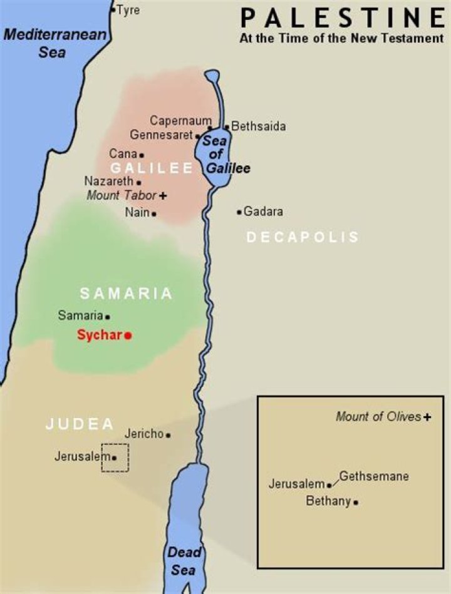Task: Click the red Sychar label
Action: (x=100, y=335)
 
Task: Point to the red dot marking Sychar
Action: (x=128, y=335)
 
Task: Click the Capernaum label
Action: (x=178, y=120)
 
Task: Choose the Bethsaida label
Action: (x=259, y=126)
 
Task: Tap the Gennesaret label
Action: (x=162, y=135)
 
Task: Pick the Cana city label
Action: (x=123, y=153)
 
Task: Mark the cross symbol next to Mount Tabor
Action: (x=163, y=196)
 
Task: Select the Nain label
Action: (x=137, y=212)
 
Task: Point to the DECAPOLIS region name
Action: (x=303, y=237)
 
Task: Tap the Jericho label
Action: (x=144, y=433)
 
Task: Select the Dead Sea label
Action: (x=184, y=561)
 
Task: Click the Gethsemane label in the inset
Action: (x=374, y=476)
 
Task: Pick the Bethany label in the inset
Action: (x=328, y=501)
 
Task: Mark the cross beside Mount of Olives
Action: (x=427, y=417)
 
